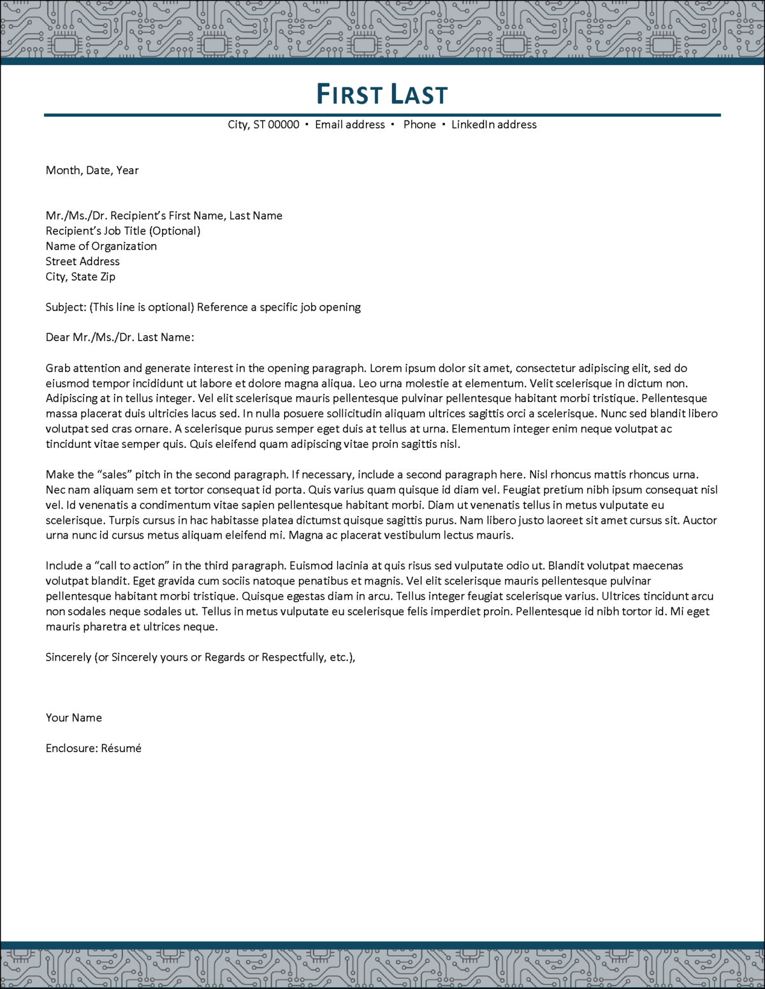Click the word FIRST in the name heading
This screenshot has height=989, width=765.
pos(349,94)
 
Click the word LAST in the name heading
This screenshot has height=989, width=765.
pos(419,94)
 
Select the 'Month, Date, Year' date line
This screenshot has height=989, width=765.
pos(92,170)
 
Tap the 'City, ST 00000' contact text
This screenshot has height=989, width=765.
pos(263,125)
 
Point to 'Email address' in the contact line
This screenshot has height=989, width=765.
pos(350,125)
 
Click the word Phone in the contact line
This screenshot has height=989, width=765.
pos(419,125)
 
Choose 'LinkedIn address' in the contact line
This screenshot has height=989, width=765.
pos(494,125)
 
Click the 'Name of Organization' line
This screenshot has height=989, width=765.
pos(101,246)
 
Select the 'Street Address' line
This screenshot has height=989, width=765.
pos(82,261)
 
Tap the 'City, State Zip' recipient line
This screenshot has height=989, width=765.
pos(80,277)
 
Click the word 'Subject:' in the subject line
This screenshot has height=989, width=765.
pos(66,307)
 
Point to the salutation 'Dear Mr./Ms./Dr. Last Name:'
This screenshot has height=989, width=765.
pos(120,337)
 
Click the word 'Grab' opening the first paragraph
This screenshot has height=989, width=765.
pos(58,368)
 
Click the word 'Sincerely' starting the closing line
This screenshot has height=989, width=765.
pos(68,657)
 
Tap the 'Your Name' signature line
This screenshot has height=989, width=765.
pos(73,718)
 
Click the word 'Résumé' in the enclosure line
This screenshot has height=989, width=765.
pos(121,748)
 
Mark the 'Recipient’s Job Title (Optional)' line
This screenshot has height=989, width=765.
pos(122,231)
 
